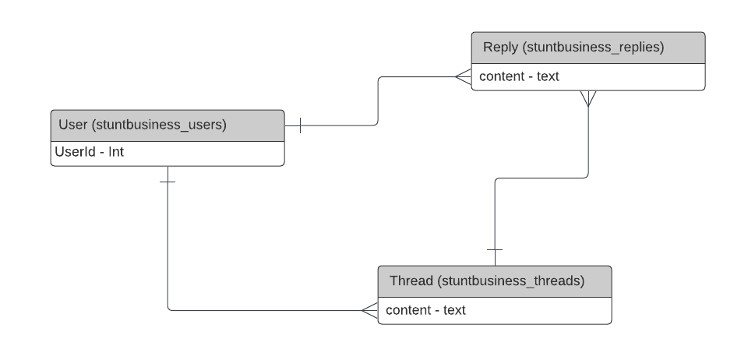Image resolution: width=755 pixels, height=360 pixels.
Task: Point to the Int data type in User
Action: [x=116, y=153]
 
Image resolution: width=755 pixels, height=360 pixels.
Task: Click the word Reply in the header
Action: [x=500, y=47]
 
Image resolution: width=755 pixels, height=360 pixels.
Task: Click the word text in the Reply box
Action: [x=548, y=76]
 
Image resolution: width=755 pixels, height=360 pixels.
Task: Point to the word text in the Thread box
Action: [x=454, y=310]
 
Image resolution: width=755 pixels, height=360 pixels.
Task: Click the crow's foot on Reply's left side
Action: [x=463, y=76]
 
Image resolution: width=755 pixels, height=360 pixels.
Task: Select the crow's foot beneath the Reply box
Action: [x=588, y=99]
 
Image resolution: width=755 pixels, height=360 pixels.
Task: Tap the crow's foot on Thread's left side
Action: [x=369, y=310]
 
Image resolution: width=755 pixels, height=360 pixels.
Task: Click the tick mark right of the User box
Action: [x=300, y=125]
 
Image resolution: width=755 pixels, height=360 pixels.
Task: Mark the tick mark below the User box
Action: [x=168, y=182]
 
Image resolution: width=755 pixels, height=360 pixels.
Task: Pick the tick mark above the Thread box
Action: [x=495, y=250]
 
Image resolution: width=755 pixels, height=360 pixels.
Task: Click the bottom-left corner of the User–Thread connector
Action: [x=168, y=310]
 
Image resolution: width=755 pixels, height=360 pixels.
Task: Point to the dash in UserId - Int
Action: [x=101, y=153]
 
